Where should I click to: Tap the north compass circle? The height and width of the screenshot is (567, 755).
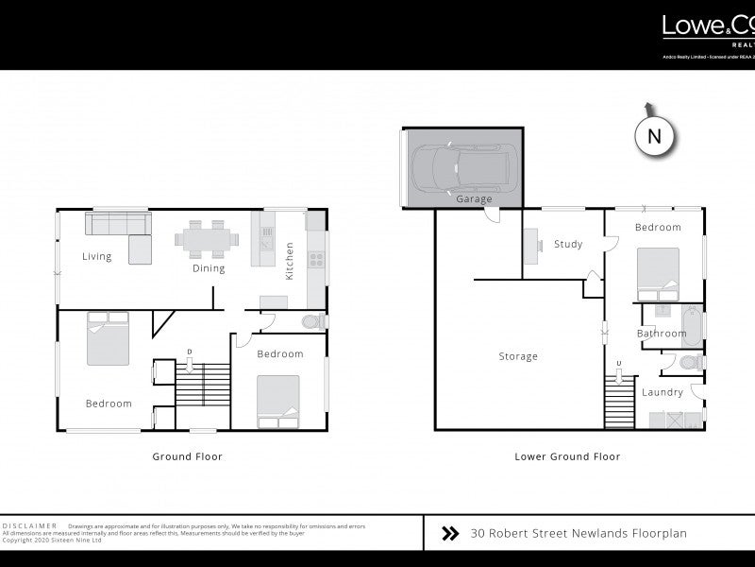coord(655,136)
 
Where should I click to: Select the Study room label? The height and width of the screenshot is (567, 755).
coord(568,244)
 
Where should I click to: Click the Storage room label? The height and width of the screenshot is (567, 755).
coord(518,356)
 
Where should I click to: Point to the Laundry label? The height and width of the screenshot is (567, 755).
coord(663,392)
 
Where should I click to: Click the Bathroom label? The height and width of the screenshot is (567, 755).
coord(661,334)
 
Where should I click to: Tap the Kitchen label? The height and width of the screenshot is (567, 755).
coord(290,262)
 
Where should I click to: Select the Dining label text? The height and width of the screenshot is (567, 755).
coord(209,268)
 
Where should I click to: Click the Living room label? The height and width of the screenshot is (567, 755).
coord(96,256)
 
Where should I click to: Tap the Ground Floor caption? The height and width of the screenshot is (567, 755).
coord(187,456)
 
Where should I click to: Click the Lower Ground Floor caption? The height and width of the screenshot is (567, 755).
coord(567,456)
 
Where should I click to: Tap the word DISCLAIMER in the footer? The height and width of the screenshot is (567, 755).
coord(30,525)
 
